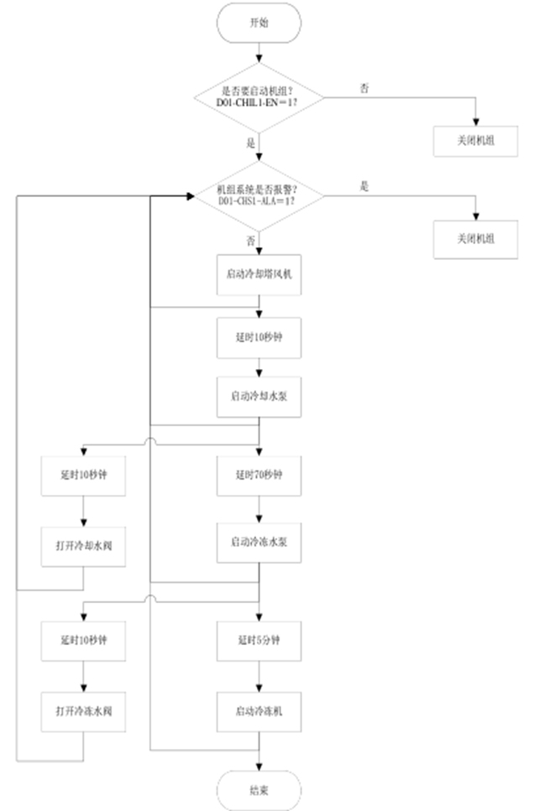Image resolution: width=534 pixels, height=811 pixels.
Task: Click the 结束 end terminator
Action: (259, 790)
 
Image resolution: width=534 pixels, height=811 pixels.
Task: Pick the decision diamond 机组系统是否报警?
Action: (259, 195)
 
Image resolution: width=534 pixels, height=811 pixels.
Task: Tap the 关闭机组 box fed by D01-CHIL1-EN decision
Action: (475, 140)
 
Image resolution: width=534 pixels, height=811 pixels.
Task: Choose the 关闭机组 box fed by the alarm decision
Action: (475, 238)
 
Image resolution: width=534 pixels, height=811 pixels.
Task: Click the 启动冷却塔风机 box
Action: (259, 274)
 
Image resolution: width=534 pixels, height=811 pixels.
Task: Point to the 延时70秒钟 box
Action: (259, 474)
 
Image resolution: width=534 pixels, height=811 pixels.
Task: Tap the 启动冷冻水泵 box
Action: (259, 543)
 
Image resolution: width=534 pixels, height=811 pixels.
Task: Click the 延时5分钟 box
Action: (259, 640)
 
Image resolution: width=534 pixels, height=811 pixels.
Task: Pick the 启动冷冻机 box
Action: (259, 711)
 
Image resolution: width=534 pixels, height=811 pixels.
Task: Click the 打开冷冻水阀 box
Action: (84, 711)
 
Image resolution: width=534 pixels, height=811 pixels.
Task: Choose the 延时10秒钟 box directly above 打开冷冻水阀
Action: (84, 640)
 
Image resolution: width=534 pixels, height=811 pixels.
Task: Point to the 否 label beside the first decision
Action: (363, 87)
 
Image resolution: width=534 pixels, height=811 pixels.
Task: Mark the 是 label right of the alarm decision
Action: (364, 186)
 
